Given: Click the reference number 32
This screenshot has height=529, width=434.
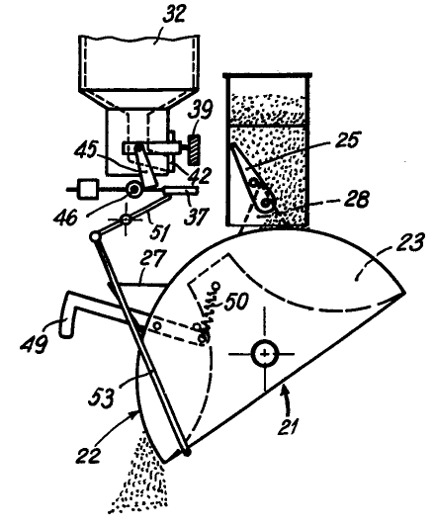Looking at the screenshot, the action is [x=174, y=16].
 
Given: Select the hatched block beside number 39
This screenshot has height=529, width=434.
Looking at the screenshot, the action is [x=195, y=149].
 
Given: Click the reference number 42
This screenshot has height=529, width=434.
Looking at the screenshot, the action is [x=198, y=175].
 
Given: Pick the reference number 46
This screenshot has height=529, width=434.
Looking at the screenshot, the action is [x=65, y=217].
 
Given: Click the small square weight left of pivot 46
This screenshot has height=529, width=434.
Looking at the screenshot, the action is [x=88, y=189].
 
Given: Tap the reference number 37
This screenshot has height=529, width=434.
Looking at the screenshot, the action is [x=197, y=215].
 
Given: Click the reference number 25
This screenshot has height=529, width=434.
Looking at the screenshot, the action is [x=347, y=139].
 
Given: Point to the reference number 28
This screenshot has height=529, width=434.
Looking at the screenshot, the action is [x=357, y=199].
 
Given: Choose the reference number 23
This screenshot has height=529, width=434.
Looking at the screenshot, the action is [x=409, y=242].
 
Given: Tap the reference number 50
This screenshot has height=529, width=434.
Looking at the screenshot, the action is [x=236, y=302].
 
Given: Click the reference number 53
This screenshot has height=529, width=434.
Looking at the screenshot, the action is [x=101, y=397].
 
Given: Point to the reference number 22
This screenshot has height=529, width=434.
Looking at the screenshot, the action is [x=88, y=456].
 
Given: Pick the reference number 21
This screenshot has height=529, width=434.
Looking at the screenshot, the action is [x=289, y=426].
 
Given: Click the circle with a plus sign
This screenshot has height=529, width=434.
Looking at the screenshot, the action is [x=265, y=354].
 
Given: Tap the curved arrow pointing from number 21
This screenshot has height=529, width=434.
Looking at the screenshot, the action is [x=288, y=399].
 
